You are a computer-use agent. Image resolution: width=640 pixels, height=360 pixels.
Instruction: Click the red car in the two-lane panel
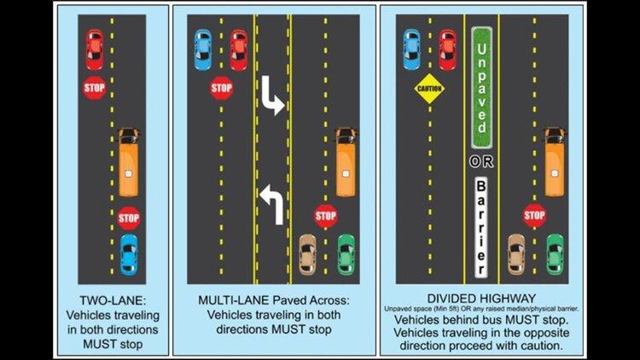(94, 49)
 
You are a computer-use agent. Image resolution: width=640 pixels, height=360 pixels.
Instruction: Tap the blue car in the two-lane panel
(129, 255)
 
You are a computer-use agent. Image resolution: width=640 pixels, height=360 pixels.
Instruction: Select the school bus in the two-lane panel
(129, 162)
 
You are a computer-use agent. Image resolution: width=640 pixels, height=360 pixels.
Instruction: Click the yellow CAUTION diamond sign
(429, 88)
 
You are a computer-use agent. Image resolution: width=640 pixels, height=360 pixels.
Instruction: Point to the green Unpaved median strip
(481, 88)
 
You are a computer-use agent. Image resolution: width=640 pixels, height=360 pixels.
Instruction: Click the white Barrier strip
(481, 228)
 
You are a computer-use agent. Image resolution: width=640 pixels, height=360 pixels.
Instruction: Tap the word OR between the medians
(481, 162)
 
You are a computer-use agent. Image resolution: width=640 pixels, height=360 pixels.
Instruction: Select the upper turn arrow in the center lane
(271, 96)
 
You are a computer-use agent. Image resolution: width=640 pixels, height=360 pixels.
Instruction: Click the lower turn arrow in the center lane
(273, 204)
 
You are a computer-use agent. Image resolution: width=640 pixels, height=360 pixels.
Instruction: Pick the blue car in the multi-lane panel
(203, 49)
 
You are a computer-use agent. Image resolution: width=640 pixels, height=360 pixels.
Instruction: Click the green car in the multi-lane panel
(346, 254)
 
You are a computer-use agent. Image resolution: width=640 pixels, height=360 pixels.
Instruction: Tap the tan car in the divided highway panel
(516, 254)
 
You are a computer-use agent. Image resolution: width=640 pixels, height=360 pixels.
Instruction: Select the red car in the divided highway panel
(448, 49)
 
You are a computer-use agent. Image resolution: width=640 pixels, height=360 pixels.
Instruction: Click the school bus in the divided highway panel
(556, 162)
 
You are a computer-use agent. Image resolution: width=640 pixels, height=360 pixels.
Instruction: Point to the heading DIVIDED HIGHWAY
(481, 299)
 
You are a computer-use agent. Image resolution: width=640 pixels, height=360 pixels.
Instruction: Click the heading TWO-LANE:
(113, 300)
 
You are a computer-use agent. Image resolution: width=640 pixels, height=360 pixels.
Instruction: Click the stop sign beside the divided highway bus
(534, 216)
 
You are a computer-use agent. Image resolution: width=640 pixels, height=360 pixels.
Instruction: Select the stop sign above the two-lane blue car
(129, 218)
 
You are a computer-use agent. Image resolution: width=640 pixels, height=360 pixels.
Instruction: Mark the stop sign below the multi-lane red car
(222, 88)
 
